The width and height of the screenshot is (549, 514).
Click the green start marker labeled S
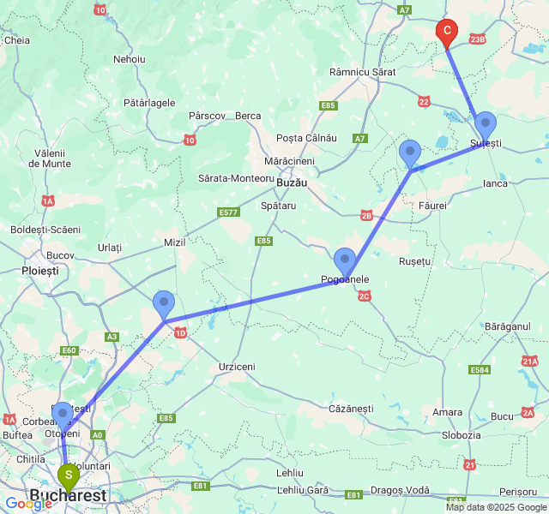[x=68, y=475]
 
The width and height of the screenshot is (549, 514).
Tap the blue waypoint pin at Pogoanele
[x=345, y=260]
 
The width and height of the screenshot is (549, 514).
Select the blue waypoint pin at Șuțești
[x=485, y=125]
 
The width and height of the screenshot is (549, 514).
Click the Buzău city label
[x=292, y=183]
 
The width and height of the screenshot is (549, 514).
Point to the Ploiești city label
[x=39, y=270]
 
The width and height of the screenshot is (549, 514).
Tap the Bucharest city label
[x=68, y=496]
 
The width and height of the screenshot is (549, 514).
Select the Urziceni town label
[x=237, y=367]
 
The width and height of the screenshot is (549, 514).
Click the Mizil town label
[x=176, y=242]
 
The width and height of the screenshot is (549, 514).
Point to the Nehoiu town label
[x=129, y=59]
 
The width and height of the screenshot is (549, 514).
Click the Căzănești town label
[x=351, y=409]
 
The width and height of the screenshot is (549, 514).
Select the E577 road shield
[x=228, y=212]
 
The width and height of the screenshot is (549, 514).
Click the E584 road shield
[x=480, y=371]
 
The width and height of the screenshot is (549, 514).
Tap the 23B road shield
[x=477, y=39]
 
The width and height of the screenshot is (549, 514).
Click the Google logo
[x=28, y=504]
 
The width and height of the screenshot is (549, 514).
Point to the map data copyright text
[x=496, y=507]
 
